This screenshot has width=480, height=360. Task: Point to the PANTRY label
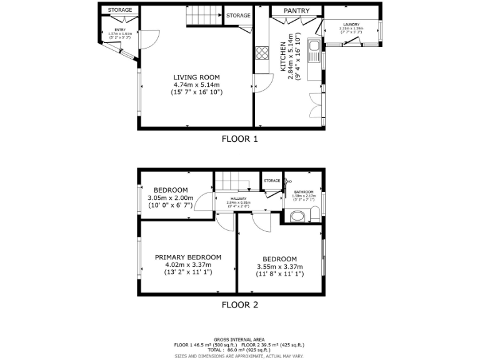pyautogui.click(x=296, y=11)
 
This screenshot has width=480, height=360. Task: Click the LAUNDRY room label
pyautogui.click(x=351, y=24)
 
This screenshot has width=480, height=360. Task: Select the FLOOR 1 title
pyautogui.click(x=240, y=139)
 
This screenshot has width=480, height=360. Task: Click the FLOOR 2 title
pyautogui.click(x=240, y=305)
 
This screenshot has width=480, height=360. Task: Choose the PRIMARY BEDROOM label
pyautogui.click(x=188, y=257)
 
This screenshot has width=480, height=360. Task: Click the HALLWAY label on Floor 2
pyautogui.click(x=238, y=198)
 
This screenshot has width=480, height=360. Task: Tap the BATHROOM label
pyautogui.click(x=304, y=191)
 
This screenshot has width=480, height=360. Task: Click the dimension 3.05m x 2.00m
pyautogui.click(x=171, y=198)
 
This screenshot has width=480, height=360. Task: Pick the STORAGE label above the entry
pyautogui.click(x=120, y=10)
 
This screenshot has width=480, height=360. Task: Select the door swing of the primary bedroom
pyautogui.click(x=225, y=221)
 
